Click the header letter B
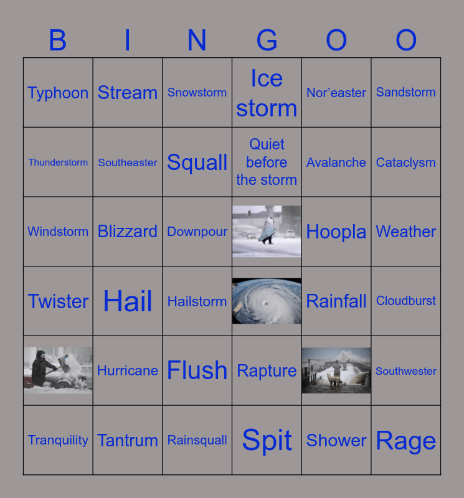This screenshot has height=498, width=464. coord(58,40)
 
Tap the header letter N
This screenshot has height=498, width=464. coord(197,40)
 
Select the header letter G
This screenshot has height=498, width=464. coord(267,40)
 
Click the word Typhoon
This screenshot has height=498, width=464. coord(58,93)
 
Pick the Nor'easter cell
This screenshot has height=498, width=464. coord(336,93)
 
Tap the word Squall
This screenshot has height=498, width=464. coord(197,162)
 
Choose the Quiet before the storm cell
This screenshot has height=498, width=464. coord(267,162)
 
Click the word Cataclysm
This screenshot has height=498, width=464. coord(406,162)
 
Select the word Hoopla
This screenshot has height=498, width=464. coord(336,232)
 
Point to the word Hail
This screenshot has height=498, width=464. coord(128,301)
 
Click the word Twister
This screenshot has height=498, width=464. coord(58,301)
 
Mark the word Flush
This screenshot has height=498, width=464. coord(197,370)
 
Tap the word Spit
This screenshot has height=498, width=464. coord(267,441)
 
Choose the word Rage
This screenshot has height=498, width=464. coord(406,441)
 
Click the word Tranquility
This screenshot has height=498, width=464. coord(58,440)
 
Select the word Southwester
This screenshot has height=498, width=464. coord(406,371)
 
